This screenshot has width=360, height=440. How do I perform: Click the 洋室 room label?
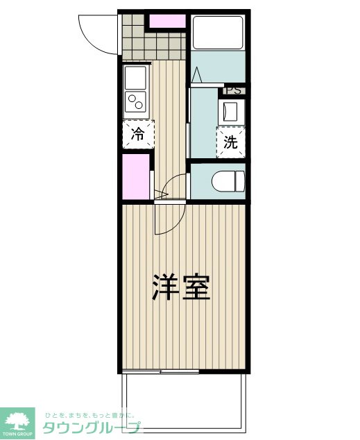coord(181,287)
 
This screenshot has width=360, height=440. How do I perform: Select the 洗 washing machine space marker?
coord(231,142)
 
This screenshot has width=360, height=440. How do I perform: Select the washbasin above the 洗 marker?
coord(230,112)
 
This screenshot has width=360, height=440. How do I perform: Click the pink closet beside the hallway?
coord(136,177)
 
